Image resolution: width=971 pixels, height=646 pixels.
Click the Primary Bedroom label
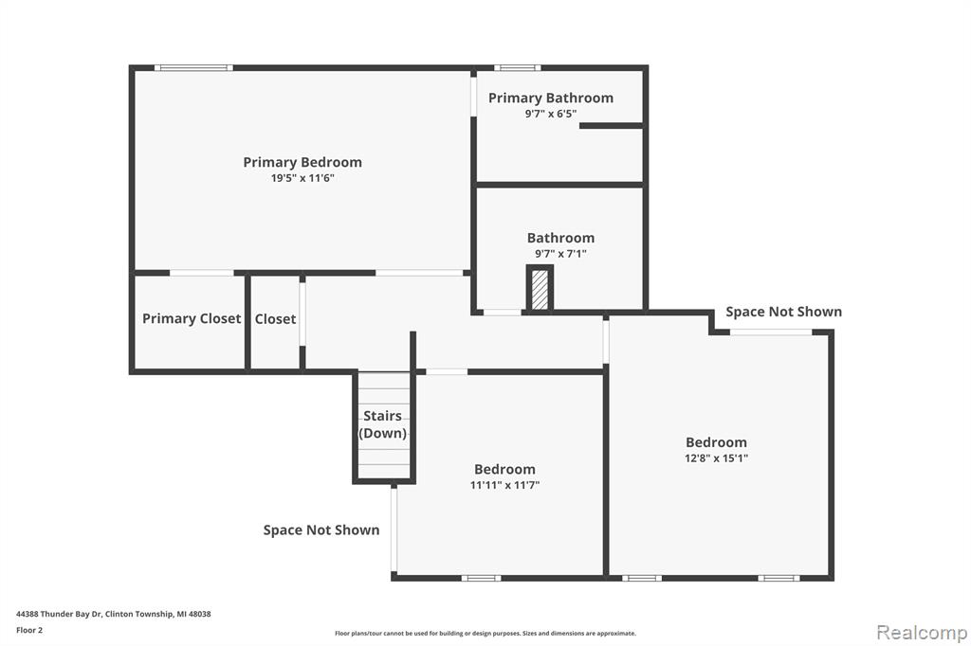click(302, 162)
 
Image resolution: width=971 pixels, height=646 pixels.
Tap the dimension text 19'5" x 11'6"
click(302, 178)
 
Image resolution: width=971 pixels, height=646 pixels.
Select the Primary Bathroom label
click(551, 98)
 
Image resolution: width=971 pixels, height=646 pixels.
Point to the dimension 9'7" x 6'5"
click(551, 114)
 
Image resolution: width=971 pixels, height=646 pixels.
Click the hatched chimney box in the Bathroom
click(540, 288)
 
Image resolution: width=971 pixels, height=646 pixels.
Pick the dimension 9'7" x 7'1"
click(560, 253)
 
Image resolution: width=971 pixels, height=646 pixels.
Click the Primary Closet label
click(192, 318)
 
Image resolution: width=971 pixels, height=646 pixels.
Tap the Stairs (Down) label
click(383, 424)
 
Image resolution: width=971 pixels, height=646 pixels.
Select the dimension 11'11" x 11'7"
click(504, 485)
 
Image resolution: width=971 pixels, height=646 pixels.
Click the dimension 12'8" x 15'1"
click(716, 458)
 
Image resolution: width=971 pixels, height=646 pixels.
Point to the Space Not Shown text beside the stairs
click(321, 530)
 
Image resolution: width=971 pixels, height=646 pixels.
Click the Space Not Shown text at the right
click(783, 312)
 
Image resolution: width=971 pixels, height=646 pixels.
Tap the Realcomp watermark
click(922, 633)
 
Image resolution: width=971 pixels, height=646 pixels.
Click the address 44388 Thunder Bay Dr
click(59, 614)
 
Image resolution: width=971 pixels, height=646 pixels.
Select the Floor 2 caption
click(29, 630)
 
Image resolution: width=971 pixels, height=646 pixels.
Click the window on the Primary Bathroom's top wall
click(517, 67)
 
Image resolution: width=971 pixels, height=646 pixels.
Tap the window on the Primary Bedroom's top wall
click(193, 67)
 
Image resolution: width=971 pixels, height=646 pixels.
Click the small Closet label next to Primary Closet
click(276, 319)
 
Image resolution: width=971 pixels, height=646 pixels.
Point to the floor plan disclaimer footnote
click(485, 633)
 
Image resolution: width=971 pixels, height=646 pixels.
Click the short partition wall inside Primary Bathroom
click(612, 126)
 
